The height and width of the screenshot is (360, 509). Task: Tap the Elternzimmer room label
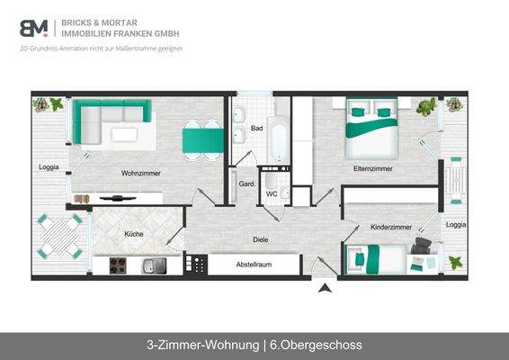pyautogui.click(x=373, y=168)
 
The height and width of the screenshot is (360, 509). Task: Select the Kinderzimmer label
pyautogui.click(x=391, y=228)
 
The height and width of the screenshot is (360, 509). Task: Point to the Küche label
pyautogui.click(x=134, y=234)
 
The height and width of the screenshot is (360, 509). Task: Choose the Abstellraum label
pyautogui.click(x=254, y=265)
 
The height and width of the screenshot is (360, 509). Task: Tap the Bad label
pyautogui.click(x=256, y=129)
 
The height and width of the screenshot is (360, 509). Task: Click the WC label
pyautogui.click(x=271, y=193)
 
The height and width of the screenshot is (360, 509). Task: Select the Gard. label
pyautogui.click(x=246, y=184)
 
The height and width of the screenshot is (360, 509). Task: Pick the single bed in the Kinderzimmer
pyautogui.click(x=377, y=260)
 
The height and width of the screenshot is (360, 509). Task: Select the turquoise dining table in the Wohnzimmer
pyautogui.click(x=203, y=139)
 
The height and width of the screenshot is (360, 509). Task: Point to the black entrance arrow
pyautogui.click(x=323, y=288)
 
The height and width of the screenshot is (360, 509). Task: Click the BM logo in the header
pyautogui.click(x=33, y=27)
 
